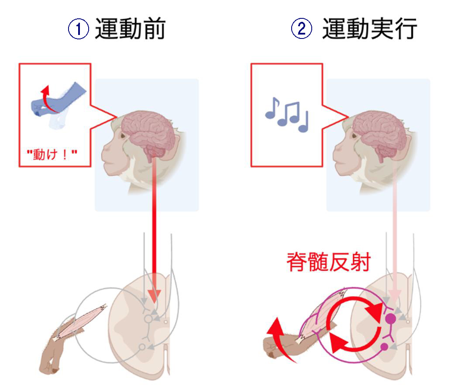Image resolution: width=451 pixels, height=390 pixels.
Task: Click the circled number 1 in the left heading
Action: [79, 29]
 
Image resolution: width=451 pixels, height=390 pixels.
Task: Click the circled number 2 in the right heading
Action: [302, 29]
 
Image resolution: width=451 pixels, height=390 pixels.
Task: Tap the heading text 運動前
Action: [130, 29]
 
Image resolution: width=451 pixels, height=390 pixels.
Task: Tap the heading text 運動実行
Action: [369, 29]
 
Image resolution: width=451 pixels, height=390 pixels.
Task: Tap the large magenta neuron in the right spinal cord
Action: [390, 318]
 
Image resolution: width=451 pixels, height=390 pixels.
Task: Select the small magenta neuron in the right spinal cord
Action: [384, 347]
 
